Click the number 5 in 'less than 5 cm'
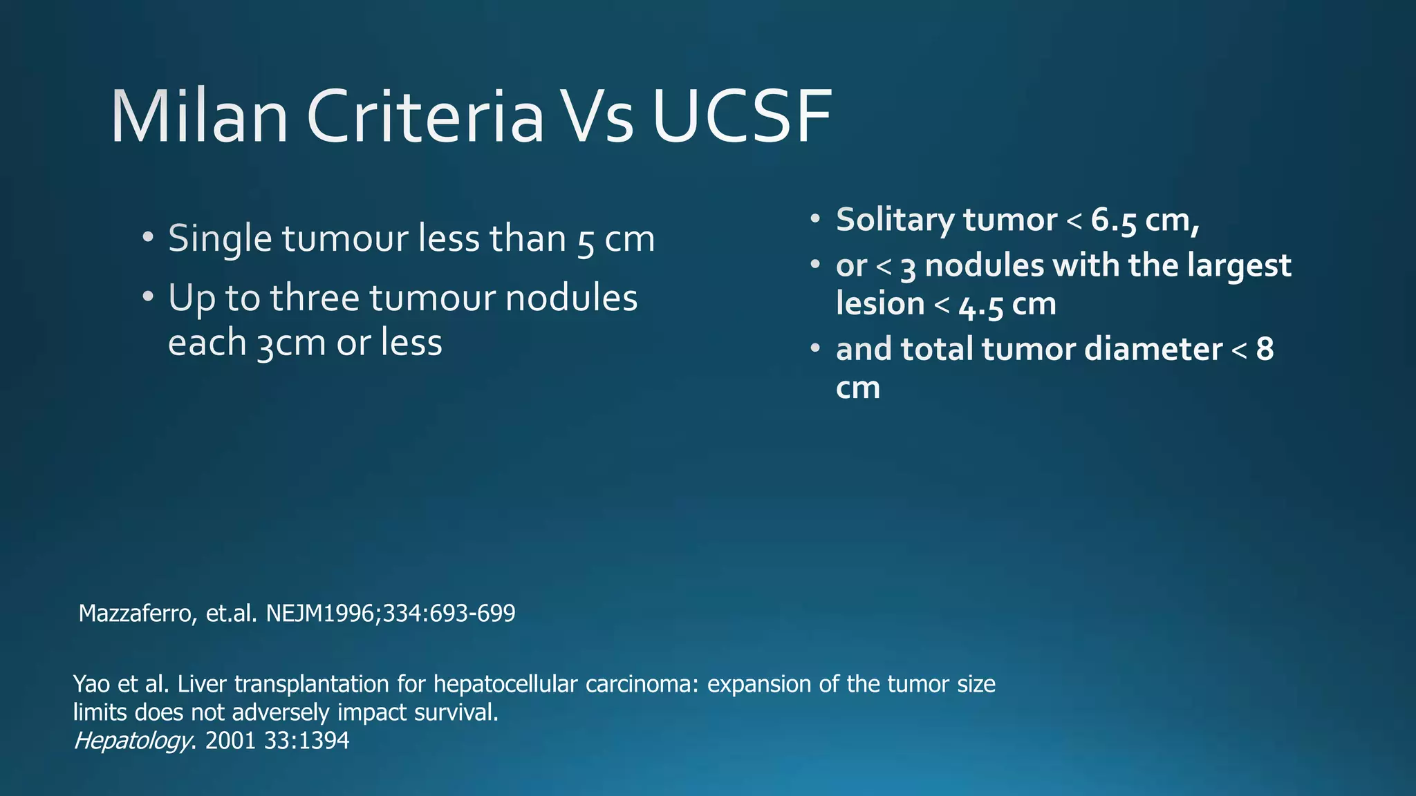click(x=585, y=240)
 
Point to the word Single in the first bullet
click(x=220, y=239)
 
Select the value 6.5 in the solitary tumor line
click(x=1114, y=220)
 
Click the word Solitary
click(x=895, y=220)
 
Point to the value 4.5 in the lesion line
click(x=980, y=305)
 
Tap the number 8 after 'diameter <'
click(x=1265, y=349)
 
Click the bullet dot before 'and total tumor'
click(x=815, y=348)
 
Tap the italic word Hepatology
click(x=131, y=741)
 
